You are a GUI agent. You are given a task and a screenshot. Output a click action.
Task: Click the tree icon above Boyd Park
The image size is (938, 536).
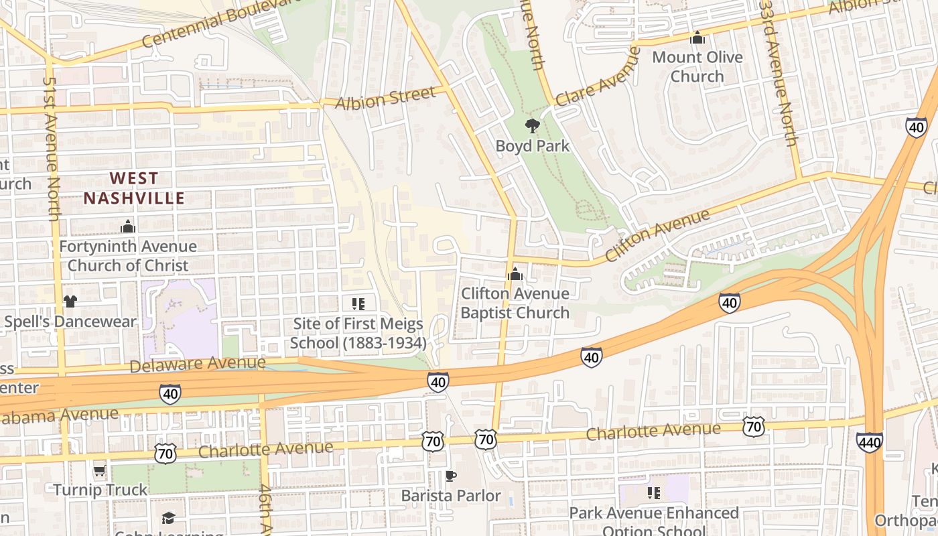533,125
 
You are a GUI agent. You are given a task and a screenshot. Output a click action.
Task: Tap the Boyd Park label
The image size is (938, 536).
533,146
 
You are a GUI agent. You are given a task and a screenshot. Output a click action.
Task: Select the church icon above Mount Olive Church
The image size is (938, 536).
697,38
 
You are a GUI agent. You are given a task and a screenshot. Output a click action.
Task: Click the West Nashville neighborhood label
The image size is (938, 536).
134,188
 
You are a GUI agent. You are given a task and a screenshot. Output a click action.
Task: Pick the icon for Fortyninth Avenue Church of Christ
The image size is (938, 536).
127,227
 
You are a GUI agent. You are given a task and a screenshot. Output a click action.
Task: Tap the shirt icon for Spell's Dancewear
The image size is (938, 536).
70,301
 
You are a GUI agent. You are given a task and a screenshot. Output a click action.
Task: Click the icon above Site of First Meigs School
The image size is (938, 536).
358,304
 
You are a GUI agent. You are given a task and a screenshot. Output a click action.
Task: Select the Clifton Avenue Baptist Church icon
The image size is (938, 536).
515,273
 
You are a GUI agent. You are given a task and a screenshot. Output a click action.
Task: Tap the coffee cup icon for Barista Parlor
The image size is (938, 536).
451,476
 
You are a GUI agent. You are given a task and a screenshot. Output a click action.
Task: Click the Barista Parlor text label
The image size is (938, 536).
451,496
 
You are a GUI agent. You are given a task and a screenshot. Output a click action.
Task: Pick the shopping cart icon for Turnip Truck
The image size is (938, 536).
100,470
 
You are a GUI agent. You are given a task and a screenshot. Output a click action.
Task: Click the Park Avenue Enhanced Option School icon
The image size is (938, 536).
654,493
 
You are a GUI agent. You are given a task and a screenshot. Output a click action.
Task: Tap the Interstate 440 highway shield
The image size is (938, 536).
869,442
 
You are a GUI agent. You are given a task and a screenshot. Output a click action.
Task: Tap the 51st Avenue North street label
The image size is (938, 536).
52,147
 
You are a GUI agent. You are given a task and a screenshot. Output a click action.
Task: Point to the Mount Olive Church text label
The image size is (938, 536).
697,66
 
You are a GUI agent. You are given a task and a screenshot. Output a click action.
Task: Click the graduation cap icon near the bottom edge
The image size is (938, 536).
167,518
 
